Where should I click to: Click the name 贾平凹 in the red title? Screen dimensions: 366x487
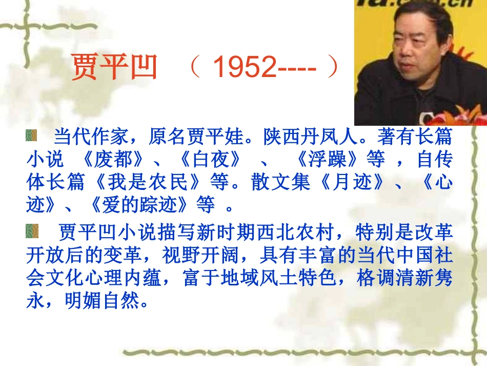pos(113,67)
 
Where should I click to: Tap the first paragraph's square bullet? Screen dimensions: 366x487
pos(32,136)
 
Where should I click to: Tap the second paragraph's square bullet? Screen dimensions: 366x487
pos(32,233)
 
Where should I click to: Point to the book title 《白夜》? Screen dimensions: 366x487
pos(210,160)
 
